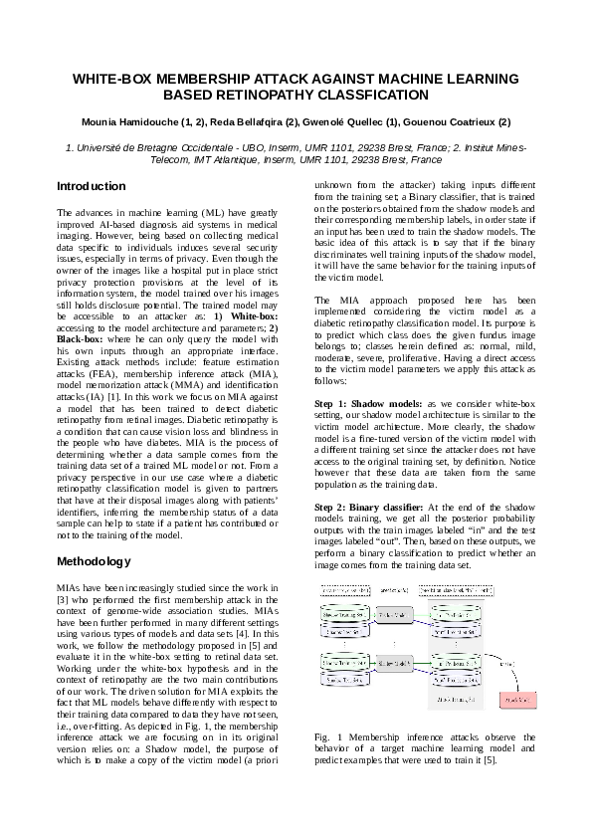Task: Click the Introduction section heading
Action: click(91, 186)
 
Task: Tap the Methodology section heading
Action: click(95, 561)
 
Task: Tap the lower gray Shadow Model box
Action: click(395, 662)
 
